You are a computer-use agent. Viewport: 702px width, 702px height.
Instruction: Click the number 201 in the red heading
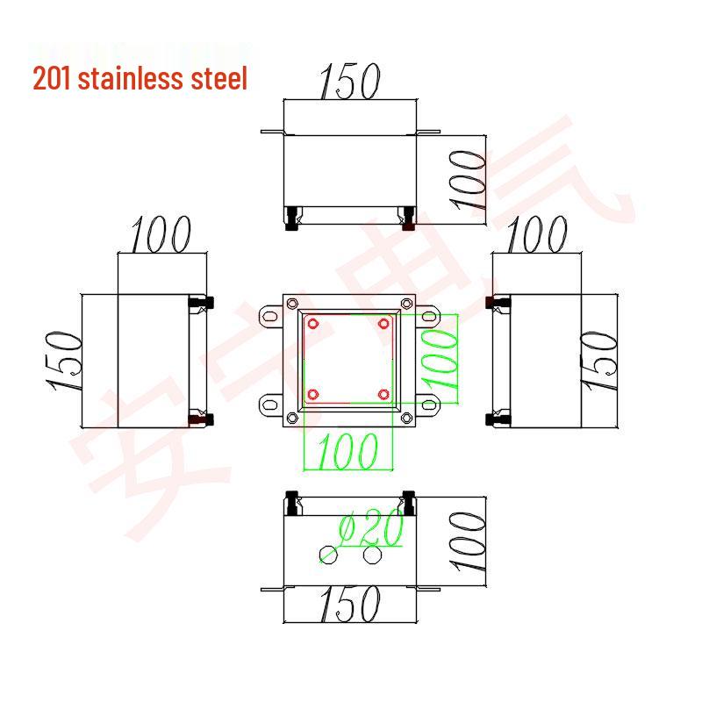tap(53, 79)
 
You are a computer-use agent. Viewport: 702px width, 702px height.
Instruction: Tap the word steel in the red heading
tap(218, 79)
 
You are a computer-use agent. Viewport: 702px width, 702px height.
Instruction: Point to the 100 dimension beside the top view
tap(468, 179)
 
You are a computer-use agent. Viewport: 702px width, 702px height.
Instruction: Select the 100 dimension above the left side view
tap(161, 233)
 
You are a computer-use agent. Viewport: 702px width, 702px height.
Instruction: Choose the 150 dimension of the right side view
tap(601, 362)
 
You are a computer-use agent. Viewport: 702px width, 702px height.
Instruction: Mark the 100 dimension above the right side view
tap(536, 233)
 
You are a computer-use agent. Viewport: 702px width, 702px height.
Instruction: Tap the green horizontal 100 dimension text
tap(347, 451)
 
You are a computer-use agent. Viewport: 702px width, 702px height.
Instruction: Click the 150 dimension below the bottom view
tap(348, 605)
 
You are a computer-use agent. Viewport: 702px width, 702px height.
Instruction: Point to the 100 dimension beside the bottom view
tap(468, 542)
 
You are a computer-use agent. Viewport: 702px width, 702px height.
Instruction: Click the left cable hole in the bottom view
tap(329, 555)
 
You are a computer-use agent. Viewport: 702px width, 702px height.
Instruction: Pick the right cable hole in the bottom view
tap(372, 555)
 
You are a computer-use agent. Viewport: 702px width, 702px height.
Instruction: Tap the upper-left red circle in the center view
tap(312, 325)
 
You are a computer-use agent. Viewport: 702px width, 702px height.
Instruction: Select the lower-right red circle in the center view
tap(383, 392)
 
